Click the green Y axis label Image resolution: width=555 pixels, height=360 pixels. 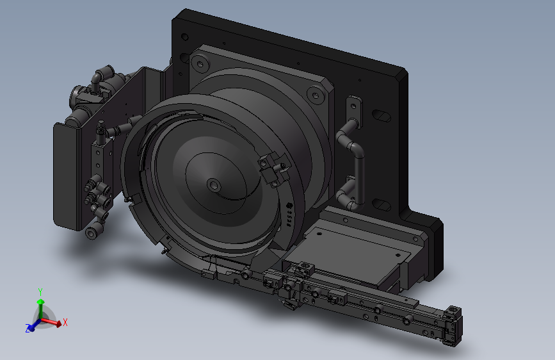pos(40,292)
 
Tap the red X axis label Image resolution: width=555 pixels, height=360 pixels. pos(65,322)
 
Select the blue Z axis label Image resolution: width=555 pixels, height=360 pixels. pos(28,328)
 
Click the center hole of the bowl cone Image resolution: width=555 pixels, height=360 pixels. pos(213,184)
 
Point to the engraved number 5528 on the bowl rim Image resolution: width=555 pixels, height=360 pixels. pos(289,215)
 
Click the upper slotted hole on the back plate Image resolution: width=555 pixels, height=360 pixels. pos(382,115)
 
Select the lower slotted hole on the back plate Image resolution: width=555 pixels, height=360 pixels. pos(382,205)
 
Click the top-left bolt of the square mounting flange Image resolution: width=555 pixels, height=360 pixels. pos(200,64)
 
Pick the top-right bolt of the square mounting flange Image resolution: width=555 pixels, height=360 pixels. pos(315,95)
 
